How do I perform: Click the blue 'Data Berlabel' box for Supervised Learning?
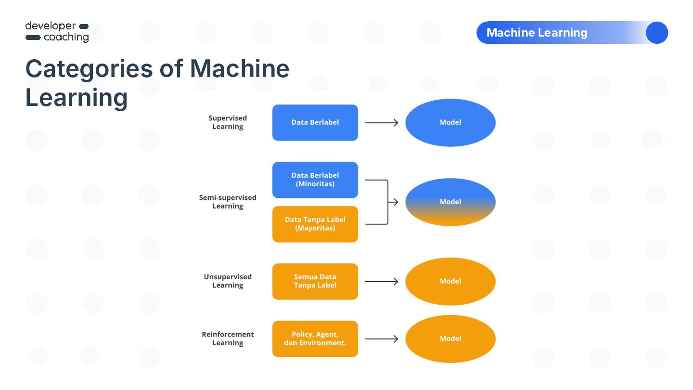[315, 123]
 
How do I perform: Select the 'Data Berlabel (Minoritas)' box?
[315, 180]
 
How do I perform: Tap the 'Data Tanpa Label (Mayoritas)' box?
[315, 224]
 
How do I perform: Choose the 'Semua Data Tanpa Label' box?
[315, 281]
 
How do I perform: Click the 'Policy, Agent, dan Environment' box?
[315, 339]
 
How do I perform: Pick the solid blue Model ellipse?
[450, 123]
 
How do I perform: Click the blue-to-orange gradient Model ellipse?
[450, 202]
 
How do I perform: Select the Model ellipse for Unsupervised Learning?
[450, 281]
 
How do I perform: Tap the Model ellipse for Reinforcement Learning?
[450, 339]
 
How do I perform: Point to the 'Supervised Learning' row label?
[228, 122]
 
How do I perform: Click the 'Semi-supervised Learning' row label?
[228, 202]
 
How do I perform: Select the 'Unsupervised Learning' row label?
[228, 281]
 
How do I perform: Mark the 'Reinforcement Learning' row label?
[228, 338]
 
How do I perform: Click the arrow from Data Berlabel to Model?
[382, 123]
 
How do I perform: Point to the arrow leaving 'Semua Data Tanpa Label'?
[382, 282]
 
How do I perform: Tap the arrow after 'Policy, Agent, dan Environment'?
[382, 339]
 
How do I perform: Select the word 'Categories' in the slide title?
[89, 69]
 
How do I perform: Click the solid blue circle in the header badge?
[657, 33]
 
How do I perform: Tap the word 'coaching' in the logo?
[66, 37]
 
